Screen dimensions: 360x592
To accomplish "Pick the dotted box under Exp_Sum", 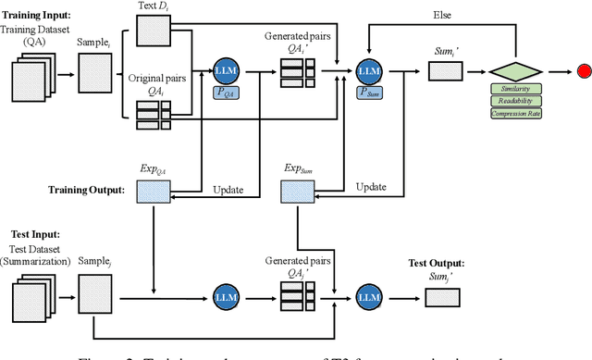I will point(296,191).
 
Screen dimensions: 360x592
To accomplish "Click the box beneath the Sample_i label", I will point(96,70).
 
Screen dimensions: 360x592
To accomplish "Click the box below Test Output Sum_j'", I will point(441,296).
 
